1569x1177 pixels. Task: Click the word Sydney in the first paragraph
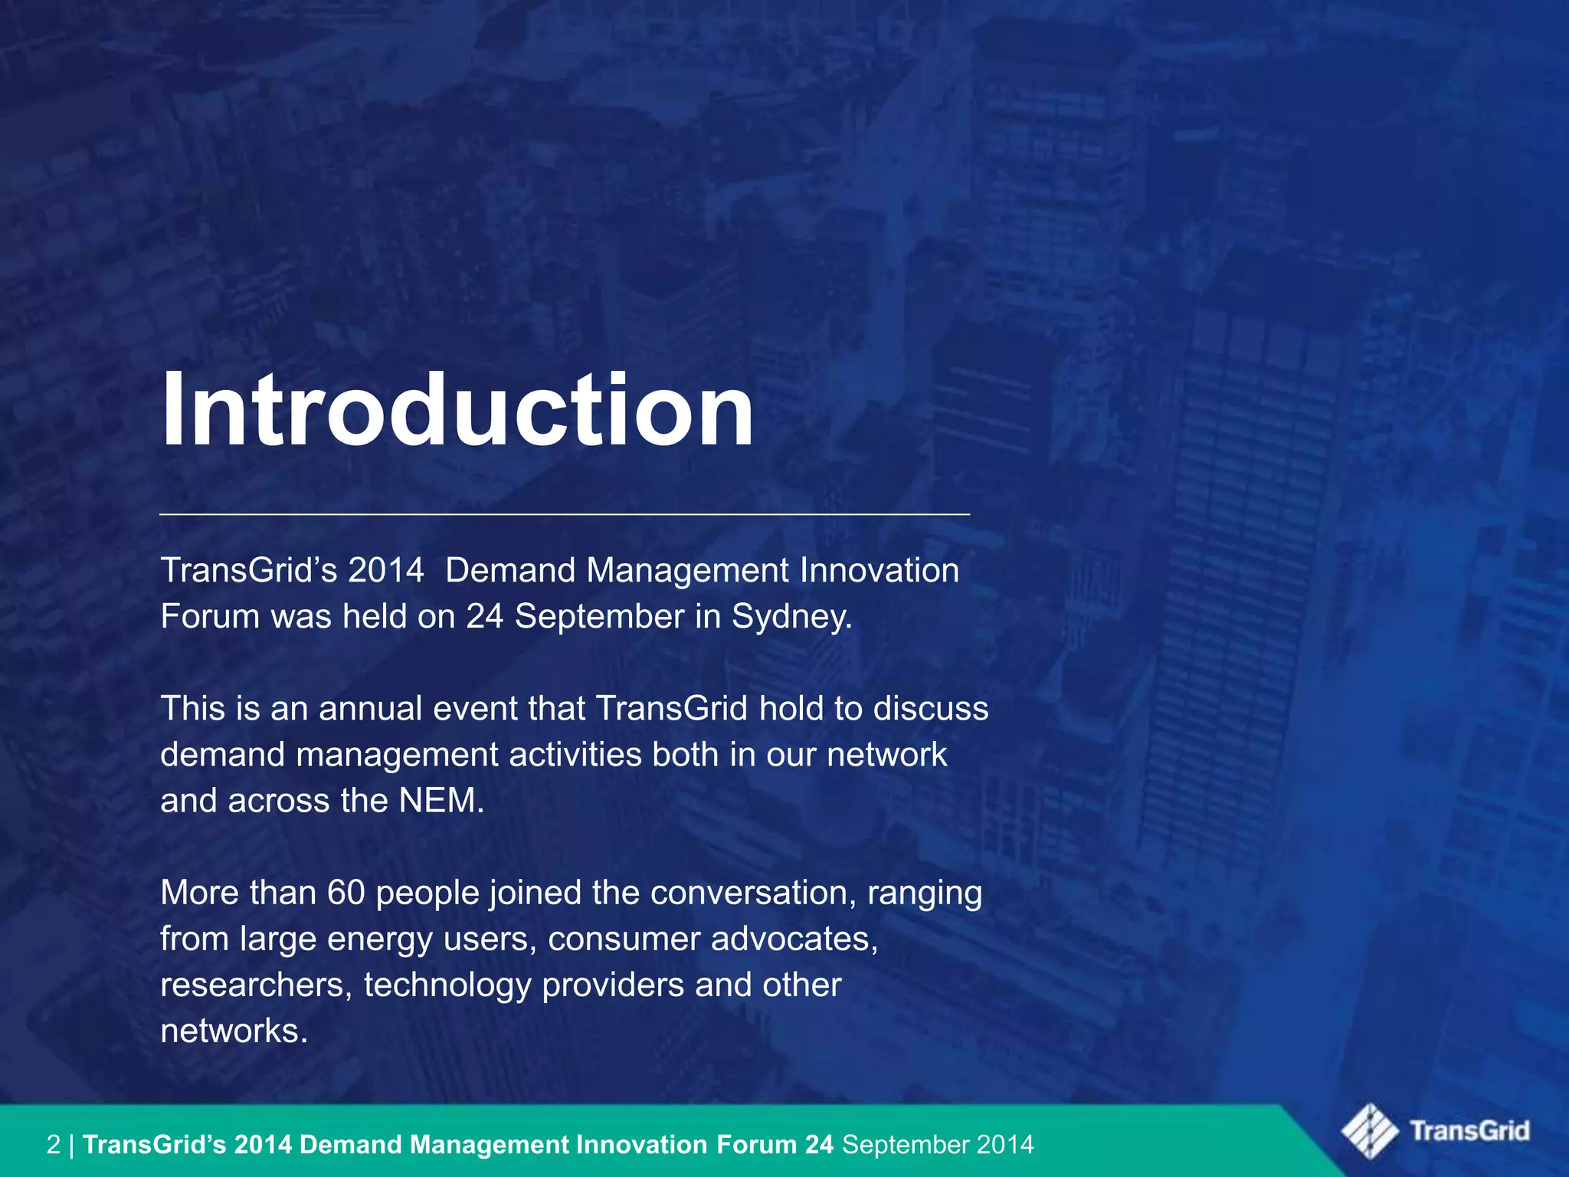pyautogui.click(x=791, y=617)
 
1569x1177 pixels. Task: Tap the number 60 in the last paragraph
pyautogui.click(x=346, y=893)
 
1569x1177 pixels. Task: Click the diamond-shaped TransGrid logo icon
pyautogui.click(x=1369, y=1130)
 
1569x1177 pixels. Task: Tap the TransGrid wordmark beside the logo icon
pyautogui.click(x=1469, y=1131)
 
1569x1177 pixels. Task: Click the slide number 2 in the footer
pyautogui.click(x=53, y=1145)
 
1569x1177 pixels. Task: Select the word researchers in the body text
pyautogui.click(x=256, y=985)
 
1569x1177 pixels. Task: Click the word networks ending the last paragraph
pyautogui.click(x=234, y=1031)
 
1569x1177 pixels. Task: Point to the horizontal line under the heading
pyautogui.click(x=565, y=514)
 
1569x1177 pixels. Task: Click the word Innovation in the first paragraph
pyautogui.click(x=879, y=571)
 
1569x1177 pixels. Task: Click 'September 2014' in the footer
pyautogui.click(x=938, y=1145)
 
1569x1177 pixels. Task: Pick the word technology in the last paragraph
pyautogui.click(x=447, y=985)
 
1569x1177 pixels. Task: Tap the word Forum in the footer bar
pyautogui.click(x=757, y=1145)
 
